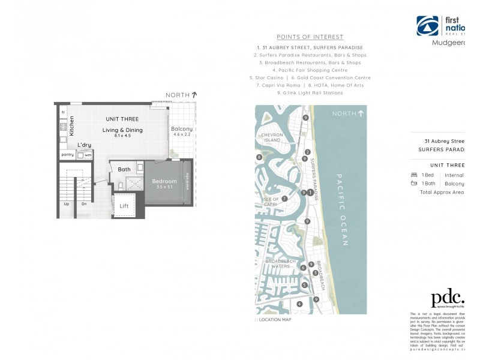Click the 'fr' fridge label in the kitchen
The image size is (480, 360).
tap(62, 112)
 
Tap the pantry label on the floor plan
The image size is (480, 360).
tap(67, 155)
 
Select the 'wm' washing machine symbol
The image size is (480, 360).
tap(88, 155)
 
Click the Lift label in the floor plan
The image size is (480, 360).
tap(124, 206)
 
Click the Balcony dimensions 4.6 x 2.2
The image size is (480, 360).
tap(182, 135)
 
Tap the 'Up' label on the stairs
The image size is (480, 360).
tap(66, 204)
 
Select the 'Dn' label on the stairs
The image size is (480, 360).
tap(83, 204)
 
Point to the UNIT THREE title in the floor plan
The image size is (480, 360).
tap(122, 119)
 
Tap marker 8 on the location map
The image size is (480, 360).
tap(259, 157)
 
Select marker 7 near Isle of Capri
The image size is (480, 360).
tap(284, 199)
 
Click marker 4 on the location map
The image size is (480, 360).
tap(299, 304)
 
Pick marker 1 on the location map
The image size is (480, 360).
tap(310, 193)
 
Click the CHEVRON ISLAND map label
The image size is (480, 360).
tap(271, 138)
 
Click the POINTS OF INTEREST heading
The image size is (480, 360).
tap(310, 37)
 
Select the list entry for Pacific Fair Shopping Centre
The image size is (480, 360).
tap(310, 70)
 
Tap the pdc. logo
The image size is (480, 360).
tap(447, 298)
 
